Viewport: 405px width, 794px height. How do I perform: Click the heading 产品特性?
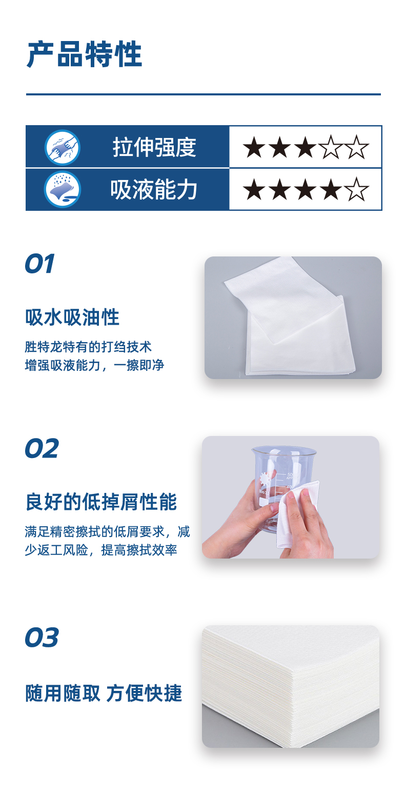tap(84, 55)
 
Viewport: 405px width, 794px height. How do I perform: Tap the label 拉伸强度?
tap(154, 148)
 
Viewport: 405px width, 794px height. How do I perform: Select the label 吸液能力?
tap(154, 190)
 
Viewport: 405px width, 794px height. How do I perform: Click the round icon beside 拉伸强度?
tap(63, 148)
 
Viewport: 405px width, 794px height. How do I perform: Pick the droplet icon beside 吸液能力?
tap(63, 190)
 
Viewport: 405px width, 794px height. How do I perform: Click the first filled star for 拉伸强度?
tap(254, 148)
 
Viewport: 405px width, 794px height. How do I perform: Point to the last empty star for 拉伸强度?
tap(357, 148)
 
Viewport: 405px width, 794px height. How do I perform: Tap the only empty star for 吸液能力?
tap(357, 190)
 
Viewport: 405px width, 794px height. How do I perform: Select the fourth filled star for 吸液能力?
tap(331, 190)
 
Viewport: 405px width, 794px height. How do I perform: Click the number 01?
tap(39, 264)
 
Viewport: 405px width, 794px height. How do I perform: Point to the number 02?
tap(42, 449)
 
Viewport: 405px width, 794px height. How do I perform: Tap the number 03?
tap(42, 638)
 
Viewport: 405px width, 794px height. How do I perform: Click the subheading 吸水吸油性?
tap(72, 317)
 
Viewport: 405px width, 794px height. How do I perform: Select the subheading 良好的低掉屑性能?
tap(101, 502)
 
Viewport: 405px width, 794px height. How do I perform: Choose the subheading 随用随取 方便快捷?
tap(104, 693)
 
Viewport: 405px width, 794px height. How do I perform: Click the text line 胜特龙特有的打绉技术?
tap(88, 347)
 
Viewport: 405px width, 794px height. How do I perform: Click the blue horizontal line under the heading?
tap(203, 94)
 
